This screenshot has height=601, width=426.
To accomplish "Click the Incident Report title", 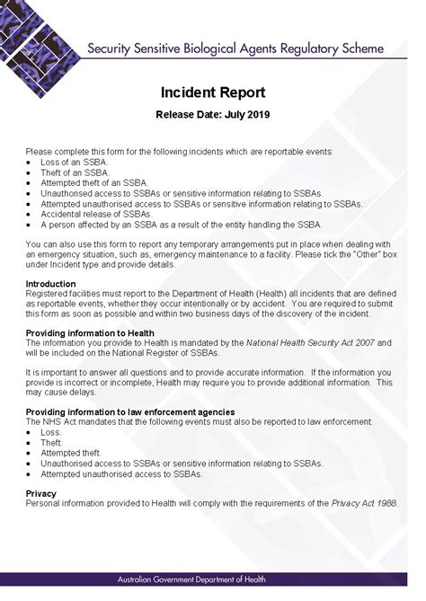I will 212,93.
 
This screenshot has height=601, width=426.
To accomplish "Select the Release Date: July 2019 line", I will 212,114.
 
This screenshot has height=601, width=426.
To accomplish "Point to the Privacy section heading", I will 41,493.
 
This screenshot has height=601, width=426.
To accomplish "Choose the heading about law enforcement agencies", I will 130,411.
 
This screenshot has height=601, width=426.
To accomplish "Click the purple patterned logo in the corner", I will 36,31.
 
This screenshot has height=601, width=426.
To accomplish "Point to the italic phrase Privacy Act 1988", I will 371,503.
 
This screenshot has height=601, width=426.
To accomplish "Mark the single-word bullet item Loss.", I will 51,432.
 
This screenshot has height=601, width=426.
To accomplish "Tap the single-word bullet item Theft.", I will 52,443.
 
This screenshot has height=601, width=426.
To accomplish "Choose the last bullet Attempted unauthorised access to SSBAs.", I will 121,473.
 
